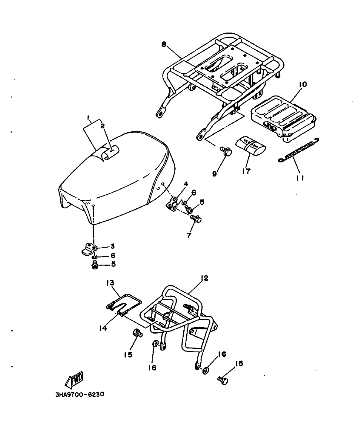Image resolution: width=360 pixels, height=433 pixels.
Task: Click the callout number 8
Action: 164,44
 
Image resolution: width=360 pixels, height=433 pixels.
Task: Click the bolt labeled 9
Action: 226,151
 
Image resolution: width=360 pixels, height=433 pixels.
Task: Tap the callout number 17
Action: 246,171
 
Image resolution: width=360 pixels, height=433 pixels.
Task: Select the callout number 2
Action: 103,126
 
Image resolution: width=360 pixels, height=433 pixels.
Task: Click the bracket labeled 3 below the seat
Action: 89,249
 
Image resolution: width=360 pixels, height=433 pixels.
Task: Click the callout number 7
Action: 189,235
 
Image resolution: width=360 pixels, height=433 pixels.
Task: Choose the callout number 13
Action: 110,283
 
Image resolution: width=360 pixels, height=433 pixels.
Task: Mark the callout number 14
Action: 103,328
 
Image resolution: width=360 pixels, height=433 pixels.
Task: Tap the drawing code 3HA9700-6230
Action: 80,395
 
